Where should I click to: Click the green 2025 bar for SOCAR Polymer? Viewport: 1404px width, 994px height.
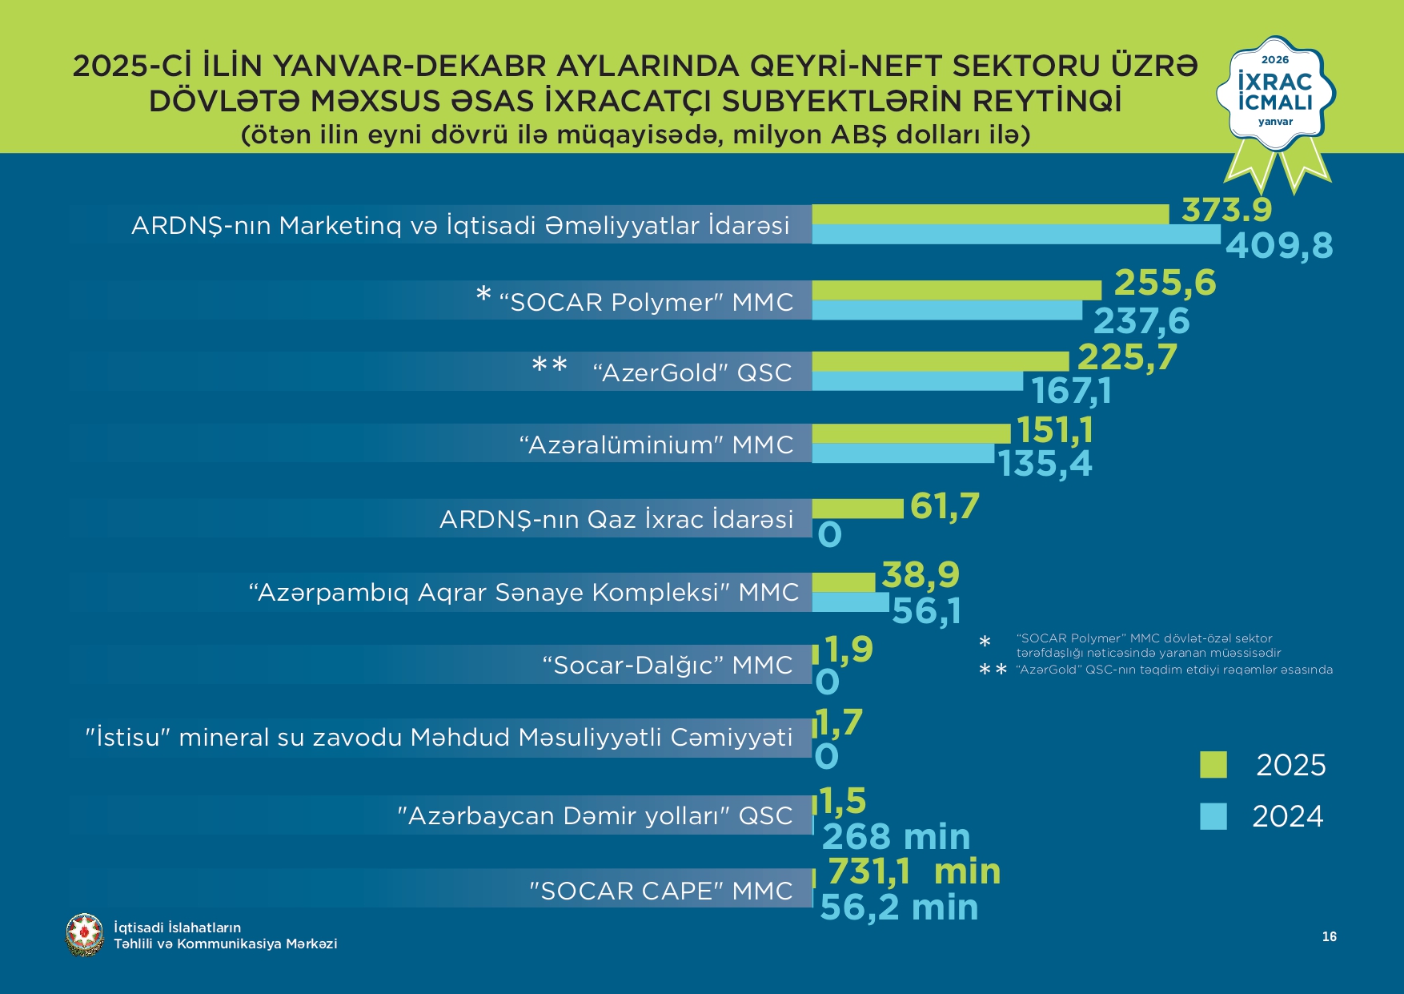[x=957, y=290]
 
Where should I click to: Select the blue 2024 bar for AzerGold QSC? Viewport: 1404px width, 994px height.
[x=917, y=381]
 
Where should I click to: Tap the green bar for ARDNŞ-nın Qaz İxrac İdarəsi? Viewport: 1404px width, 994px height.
[x=857, y=509]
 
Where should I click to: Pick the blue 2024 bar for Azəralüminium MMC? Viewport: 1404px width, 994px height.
[x=903, y=453]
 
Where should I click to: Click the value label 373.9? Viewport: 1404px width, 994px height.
[x=1226, y=210]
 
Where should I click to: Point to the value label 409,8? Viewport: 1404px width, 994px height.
[x=1279, y=246]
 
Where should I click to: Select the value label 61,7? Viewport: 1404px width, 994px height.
[x=945, y=506]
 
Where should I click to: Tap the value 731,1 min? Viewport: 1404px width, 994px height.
[x=913, y=871]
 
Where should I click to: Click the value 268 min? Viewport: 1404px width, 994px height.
[x=896, y=837]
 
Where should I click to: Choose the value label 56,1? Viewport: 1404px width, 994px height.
[x=926, y=611]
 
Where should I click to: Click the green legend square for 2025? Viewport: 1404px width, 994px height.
[x=1213, y=765]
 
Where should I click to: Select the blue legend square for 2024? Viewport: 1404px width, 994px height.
[x=1213, y=816]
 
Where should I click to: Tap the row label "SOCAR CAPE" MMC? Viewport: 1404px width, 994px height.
[x=660, y=891]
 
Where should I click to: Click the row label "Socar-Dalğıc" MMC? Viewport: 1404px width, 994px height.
[x=667, y=665]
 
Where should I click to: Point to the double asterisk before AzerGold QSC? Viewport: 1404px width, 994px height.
[x=550, y=367]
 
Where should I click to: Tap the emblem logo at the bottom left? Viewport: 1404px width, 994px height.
[x=85, y=935]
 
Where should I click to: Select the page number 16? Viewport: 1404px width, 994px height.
[x=1330, y=936]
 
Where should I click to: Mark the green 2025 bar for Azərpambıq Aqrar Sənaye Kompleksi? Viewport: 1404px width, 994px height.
[x=844, y=582]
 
